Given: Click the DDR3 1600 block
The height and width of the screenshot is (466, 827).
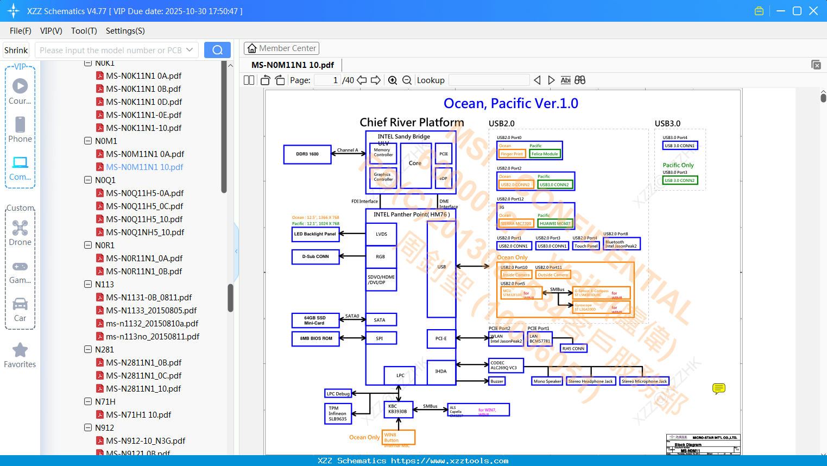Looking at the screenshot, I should tap(307, 154).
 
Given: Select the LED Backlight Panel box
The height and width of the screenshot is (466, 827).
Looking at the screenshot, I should tap(315, 234).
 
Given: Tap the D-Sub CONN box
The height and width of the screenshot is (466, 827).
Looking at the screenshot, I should tap(315, 256).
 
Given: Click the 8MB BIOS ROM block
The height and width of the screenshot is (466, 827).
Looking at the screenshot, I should tap(316, 338).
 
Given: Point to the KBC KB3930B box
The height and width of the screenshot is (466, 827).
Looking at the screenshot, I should tap(398, 409).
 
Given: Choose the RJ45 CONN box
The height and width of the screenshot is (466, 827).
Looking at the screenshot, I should tap(573, 349).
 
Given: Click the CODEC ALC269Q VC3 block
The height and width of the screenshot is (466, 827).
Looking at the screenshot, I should tap(506, 366).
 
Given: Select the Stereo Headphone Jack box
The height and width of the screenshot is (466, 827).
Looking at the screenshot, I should tap(590, 381).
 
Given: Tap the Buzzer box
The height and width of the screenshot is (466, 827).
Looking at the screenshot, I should tap(497, 381).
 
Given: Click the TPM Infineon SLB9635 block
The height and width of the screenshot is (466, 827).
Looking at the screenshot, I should tap(338, 413).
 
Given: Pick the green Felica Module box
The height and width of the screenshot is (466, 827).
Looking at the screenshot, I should tap(545, 154).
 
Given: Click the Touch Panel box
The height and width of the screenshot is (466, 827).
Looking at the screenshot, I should tap(586, 246).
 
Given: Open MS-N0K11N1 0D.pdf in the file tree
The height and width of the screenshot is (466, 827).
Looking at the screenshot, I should tap(144, 102).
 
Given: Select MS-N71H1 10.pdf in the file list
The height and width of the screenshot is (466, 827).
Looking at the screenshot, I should tap(138, 415).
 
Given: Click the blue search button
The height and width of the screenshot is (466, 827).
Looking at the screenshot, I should tap(217, 50).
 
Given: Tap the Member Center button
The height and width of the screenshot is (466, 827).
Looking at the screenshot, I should tap(281, 48).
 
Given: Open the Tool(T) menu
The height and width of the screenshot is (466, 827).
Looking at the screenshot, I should tap(84, 31).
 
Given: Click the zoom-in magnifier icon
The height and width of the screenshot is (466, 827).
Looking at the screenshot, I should tap(393, 80).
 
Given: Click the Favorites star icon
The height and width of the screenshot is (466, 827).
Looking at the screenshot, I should tap(20, 350).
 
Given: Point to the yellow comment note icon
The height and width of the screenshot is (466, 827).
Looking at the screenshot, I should tap(718, 388).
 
